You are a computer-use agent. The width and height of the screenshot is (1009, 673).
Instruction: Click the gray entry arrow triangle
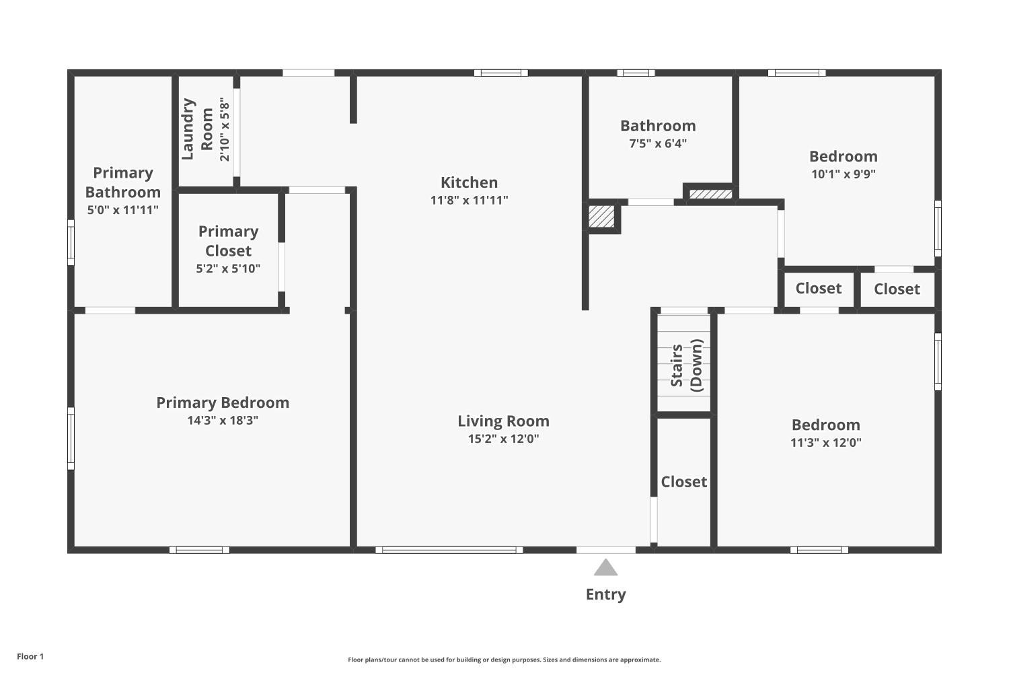tap(605, 569)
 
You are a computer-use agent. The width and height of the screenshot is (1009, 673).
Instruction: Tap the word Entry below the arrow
tap(605, 594)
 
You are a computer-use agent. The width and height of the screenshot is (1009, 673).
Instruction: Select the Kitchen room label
tap(469, 182)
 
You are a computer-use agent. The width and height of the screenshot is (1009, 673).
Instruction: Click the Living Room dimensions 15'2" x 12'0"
tap(503, 439)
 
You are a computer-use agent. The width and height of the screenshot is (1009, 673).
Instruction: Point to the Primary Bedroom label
tap(223, 402)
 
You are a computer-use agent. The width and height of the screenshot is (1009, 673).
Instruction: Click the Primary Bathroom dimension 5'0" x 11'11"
tap(122, 210)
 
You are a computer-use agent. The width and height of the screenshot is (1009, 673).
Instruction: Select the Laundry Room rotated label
tap(198, 129)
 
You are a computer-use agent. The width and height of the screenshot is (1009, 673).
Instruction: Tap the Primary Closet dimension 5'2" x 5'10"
tap(228, 269)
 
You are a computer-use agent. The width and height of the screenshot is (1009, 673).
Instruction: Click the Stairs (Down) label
tap(686, 365)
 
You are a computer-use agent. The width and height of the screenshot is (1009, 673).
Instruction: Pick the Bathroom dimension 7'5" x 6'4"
tap(657, 143)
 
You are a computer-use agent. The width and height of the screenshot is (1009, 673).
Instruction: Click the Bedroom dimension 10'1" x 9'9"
tap(843, 174)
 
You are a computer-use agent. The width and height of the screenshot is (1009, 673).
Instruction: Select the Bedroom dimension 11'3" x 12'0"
tap(825, 442)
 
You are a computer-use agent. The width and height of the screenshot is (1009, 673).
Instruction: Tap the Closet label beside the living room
tap(683, 482)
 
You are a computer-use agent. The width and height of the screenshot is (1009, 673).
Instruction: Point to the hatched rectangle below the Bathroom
tap(710, 194)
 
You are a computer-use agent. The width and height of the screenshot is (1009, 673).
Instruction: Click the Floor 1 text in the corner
tap(30, 656)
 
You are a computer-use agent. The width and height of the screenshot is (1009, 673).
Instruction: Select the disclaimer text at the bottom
tap(504, 660)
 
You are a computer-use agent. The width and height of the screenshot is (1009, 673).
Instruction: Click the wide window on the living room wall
tap(449, 550)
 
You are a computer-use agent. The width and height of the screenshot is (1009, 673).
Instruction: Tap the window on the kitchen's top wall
tap(500, 73)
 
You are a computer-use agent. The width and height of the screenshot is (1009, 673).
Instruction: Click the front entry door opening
tap(605, 550)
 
